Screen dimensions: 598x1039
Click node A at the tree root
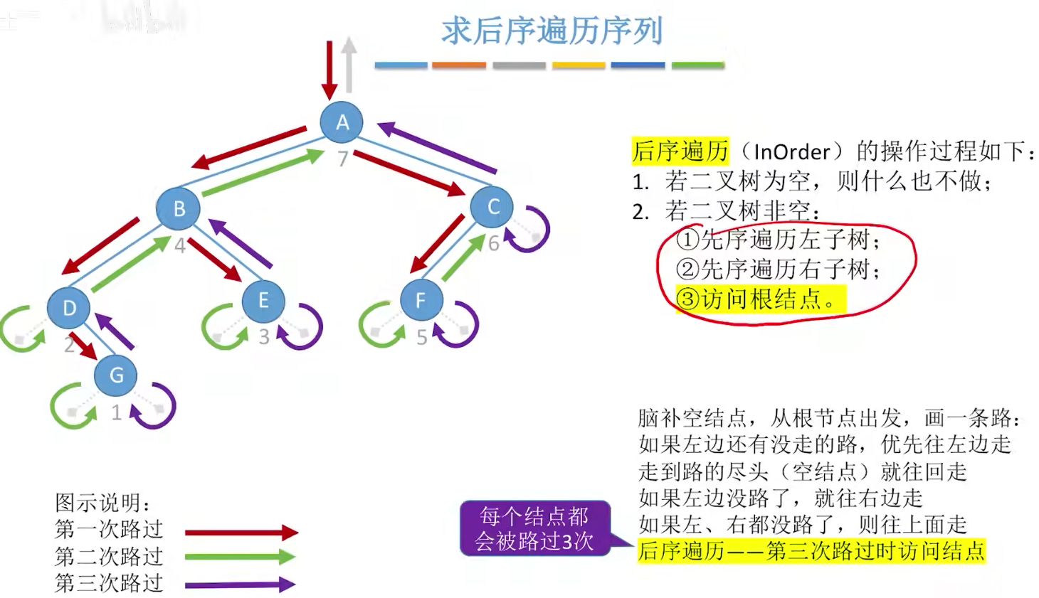coord(342,122)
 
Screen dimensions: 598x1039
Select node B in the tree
coord(179,208)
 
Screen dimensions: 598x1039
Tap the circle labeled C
coord(492,207)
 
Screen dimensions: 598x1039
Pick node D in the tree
coord(69,308)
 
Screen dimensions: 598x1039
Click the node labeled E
coord(263,300)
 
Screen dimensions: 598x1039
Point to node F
coord(421,300)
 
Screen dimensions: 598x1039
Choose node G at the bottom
coord(116,375)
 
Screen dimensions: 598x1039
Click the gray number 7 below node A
coord(342,159)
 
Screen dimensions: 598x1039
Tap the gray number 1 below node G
coord(117,412)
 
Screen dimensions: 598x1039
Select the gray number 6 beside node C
coord(494,244)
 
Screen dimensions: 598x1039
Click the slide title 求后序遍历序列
coord(552,31)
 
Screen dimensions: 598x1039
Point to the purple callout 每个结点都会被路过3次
coord(534,528)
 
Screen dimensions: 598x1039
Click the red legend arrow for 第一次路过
coord(241,532)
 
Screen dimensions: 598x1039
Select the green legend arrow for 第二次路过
coord(241,557)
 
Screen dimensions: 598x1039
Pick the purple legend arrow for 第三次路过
coord(241,584)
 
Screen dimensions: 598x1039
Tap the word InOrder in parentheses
coord(791,151)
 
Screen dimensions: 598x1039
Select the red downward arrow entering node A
coord(329,70)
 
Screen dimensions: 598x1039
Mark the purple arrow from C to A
coord(436,148)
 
